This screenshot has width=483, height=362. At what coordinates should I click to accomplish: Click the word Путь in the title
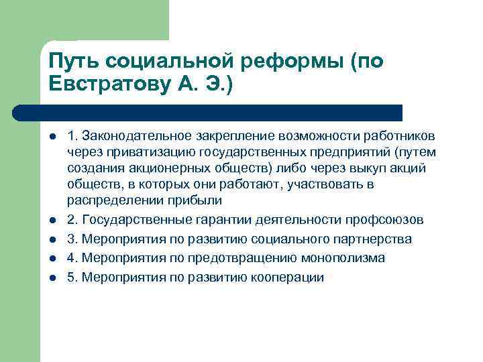click(x=72, y=62)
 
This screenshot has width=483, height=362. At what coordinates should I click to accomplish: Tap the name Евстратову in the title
click(x=112, y=86)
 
